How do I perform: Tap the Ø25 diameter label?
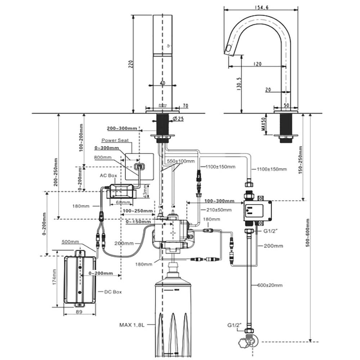pos(179,118)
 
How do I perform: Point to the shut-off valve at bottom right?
pos(248,341)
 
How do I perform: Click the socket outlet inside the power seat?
pos(139,166)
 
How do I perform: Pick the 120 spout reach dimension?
pos(257,64)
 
